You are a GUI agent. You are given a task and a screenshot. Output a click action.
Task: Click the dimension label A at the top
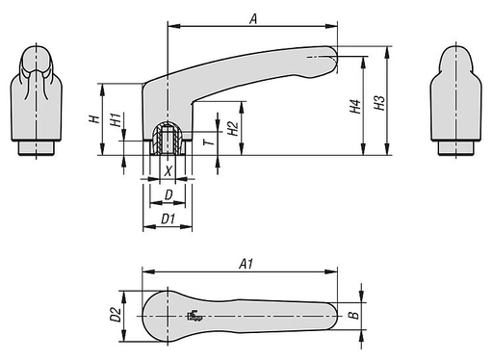[253, 19]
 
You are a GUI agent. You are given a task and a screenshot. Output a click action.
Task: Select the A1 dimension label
[246, 264]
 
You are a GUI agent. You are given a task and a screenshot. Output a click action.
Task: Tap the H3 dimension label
[379, 103]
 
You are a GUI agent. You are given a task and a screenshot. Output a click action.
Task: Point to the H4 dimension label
[355, 107]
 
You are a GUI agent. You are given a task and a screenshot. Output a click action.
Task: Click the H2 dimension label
[233, 128]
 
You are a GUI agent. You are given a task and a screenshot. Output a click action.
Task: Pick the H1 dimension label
[116, 119]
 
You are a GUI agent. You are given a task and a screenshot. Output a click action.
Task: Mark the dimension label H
[94, 119]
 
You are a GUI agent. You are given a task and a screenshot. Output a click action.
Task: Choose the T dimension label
[209, 141]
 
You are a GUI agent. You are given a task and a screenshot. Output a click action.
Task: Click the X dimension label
[168, 171]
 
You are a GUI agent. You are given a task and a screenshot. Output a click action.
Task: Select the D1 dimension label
[168, 219]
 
